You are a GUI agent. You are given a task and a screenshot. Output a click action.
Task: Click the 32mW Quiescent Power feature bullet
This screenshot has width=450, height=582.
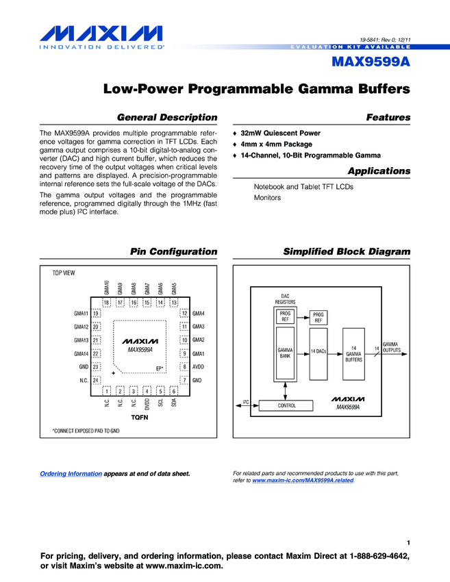click(280, 133)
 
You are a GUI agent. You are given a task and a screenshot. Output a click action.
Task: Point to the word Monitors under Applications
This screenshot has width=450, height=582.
click(267, 198)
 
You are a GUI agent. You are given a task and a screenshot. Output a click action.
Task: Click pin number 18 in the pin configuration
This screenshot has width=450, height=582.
click(107, 302)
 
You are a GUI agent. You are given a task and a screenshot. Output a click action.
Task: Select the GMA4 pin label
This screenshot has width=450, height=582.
click(199, 314)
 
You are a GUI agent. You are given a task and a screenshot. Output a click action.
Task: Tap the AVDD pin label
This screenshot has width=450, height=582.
click(199, 366)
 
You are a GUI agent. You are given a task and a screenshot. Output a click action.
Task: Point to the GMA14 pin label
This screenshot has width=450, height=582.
click(82, 353)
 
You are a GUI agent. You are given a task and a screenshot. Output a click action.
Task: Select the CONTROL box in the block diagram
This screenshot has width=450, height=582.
click(286, 405)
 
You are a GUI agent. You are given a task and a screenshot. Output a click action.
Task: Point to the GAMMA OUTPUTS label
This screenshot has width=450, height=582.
click(391, 347)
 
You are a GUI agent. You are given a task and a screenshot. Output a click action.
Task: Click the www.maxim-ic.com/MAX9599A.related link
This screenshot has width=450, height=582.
click(303, 481)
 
